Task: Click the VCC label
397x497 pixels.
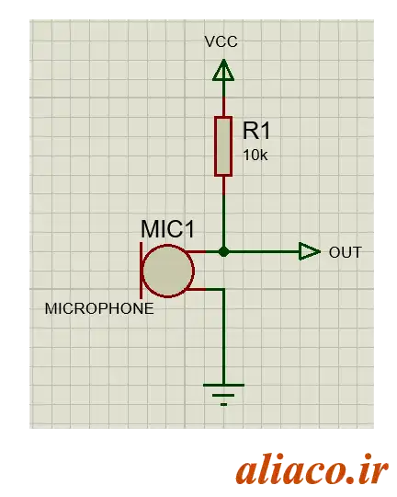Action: click(221, 41)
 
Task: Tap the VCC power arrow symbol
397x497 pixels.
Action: click(223, 70)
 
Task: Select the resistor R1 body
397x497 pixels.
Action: click(223, 146)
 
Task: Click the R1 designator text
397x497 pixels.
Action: click(256, 131)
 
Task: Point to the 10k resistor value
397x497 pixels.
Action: click(255, 156)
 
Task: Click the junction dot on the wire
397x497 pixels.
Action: click(224, 252)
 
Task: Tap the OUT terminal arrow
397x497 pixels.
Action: click(310, 251)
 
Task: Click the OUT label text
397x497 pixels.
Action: click(346, 252)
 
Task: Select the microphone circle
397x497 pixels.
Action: click(168, 271)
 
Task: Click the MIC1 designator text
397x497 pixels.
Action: click(167, 229)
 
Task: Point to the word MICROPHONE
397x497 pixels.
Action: click(99, 308)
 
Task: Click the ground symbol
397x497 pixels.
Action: click(223, 395)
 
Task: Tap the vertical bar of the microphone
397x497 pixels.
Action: click(142, 271)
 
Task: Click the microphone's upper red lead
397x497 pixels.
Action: click(197, 252)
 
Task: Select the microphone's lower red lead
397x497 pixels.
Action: click(197, 289)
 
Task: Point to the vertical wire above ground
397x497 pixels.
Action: click(224, 337)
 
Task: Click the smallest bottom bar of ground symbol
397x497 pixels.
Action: click(223, 404)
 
